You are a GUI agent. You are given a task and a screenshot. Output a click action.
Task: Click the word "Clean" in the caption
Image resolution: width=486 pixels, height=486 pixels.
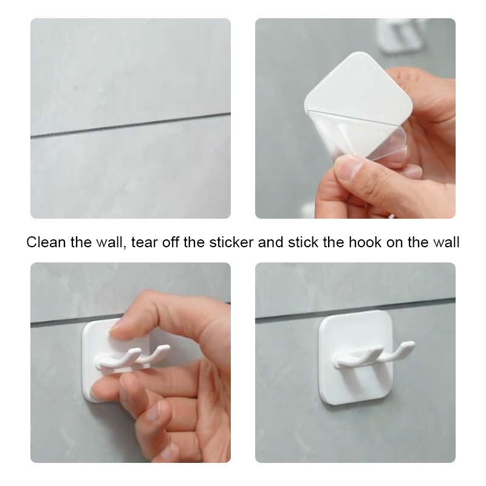click(46, 242)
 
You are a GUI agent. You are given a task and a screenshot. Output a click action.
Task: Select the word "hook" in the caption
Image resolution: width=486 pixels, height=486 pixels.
click(365, 242)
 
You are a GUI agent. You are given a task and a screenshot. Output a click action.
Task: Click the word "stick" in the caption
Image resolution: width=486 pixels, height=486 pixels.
click(303, 242)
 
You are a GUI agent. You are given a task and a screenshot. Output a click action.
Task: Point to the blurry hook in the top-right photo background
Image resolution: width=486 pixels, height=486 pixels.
click(400, 35)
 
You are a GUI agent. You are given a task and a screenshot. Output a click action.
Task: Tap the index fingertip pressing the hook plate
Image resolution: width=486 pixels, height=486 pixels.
click(118, 330)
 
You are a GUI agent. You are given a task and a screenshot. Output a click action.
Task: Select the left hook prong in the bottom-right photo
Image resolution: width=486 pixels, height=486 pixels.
click(357, 357)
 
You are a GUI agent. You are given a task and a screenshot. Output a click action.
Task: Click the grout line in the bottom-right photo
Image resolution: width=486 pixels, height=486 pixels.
click(355, 310)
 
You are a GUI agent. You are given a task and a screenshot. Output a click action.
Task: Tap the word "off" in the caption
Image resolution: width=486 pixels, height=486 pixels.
click(170, 242)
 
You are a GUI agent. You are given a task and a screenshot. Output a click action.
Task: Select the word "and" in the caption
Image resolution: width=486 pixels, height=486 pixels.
click(270, 242)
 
